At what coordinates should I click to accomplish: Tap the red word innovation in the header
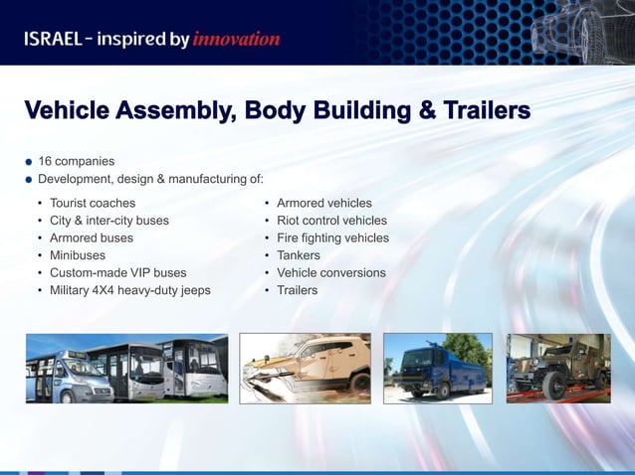236,40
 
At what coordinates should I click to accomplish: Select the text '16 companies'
76,161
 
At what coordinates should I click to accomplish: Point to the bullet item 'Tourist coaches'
93,203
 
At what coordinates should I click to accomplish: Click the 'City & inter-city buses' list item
109,221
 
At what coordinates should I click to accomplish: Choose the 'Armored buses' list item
92,238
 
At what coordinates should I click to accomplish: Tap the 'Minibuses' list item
78,255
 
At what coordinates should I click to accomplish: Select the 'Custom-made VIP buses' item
117,272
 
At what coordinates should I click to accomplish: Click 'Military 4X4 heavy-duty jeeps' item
129,290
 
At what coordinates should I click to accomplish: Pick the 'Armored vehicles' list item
323,203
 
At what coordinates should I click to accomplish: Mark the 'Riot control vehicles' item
331,221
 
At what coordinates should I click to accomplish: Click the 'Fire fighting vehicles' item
332,238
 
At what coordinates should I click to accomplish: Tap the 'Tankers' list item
299,255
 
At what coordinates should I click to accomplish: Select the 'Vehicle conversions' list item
330,272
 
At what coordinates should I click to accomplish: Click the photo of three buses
126,368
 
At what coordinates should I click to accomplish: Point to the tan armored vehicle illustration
305,368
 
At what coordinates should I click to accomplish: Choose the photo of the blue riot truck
437,368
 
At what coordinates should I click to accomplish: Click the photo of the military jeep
558,368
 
